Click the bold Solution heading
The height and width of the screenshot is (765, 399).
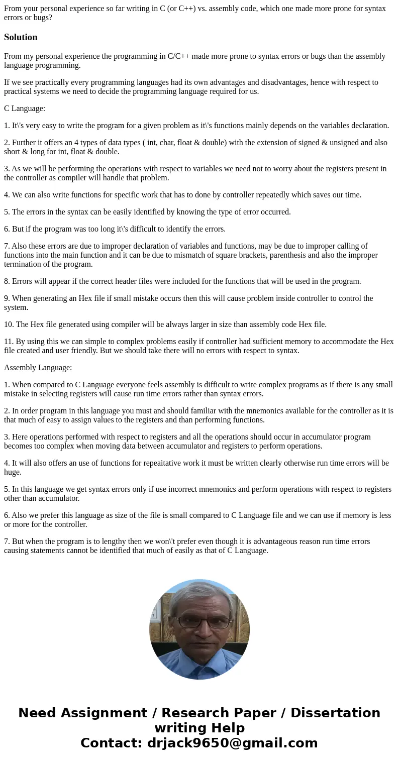(x=21, y=37)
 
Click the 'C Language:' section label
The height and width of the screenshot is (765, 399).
(x=25, y=108)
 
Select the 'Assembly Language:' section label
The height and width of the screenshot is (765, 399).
(x=38, y=368)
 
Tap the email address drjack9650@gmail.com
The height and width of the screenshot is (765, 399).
(x=232, y=743)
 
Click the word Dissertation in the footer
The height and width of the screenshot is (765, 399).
(x=335, y=713)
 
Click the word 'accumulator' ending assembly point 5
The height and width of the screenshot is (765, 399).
(x=58, y=498)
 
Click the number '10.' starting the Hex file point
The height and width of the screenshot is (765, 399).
(x=9, y=324)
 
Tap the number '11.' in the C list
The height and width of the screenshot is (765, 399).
(x=9, y=342)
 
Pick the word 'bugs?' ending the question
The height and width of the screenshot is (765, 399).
(x=42, y=18)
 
